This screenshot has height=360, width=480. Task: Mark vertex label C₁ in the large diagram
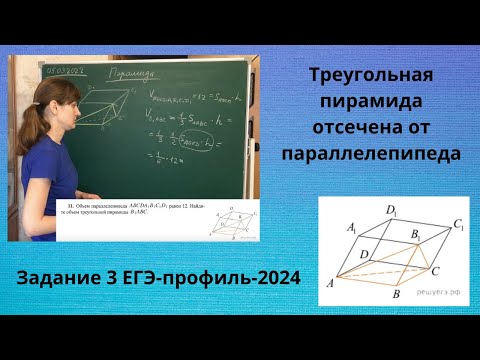tap(459, 225)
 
